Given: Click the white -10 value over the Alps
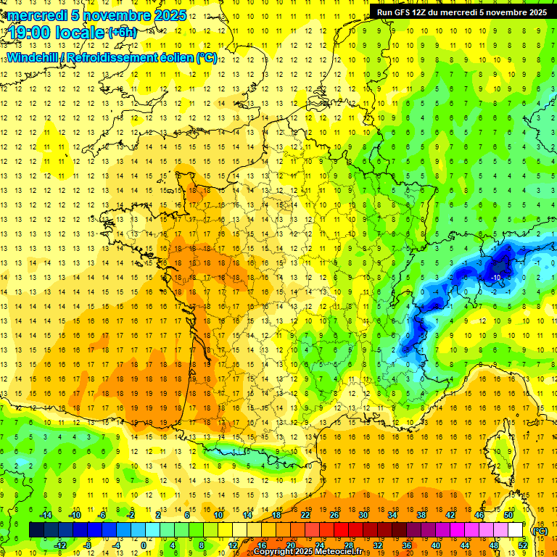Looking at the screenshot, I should pos(497,277).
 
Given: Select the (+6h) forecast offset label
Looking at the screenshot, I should pos(122,32).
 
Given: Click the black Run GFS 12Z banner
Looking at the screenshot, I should pos(462,12).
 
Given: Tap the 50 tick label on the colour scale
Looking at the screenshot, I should pos(508,514).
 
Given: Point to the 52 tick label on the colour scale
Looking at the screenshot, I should pos(523,545).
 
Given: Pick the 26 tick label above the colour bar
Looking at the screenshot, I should pos(334,514).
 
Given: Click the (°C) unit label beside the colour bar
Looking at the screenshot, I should pos(540,530).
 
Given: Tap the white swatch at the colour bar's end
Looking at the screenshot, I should pos(516,530).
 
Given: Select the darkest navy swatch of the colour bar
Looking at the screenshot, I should pos(36,530).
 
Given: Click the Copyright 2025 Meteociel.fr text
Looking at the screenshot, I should pos(313,552).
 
